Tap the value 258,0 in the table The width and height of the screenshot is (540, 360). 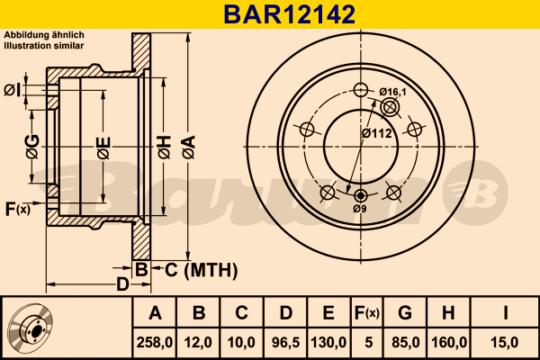(x=155, y=342)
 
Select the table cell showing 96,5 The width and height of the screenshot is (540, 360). (x=285, y=342)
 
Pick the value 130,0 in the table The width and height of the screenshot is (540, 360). (x=328, y=342)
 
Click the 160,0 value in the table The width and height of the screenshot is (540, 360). (x=448, y=342)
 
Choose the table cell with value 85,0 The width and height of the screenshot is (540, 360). (x=405, y=342)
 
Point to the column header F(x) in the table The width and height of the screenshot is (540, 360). (x=366, y=313)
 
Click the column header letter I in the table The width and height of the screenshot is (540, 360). (x=507, y=313)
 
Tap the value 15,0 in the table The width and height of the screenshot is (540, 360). (x=507, y=342)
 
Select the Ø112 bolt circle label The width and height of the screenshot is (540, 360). (x=377, y=133)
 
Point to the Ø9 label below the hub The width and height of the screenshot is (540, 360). (x=360, y=209)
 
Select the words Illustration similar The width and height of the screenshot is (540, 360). (x=44, y=44)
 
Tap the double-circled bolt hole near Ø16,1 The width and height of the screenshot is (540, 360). (x=390, y=108)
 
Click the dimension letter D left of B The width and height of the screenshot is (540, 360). (x=122, y=285)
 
